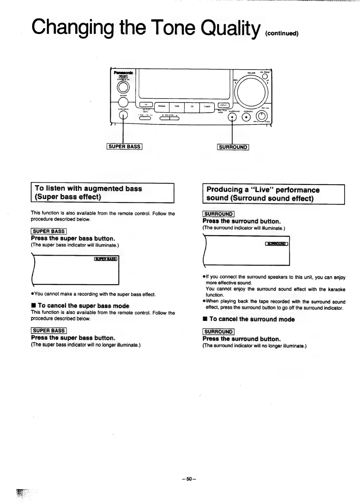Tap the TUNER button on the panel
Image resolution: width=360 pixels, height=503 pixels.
(207, 107)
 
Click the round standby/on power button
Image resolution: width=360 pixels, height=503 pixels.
(123, 88)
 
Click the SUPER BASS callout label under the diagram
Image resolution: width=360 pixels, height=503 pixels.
(124, 147)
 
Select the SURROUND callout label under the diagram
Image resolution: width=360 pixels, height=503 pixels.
(233, 147)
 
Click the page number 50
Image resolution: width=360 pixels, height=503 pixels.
(189, 479)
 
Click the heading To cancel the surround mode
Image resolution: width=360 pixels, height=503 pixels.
(252, 319)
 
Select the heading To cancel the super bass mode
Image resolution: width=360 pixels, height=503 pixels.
(83, 306)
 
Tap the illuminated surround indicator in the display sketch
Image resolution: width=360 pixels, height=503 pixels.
(276, 244)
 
